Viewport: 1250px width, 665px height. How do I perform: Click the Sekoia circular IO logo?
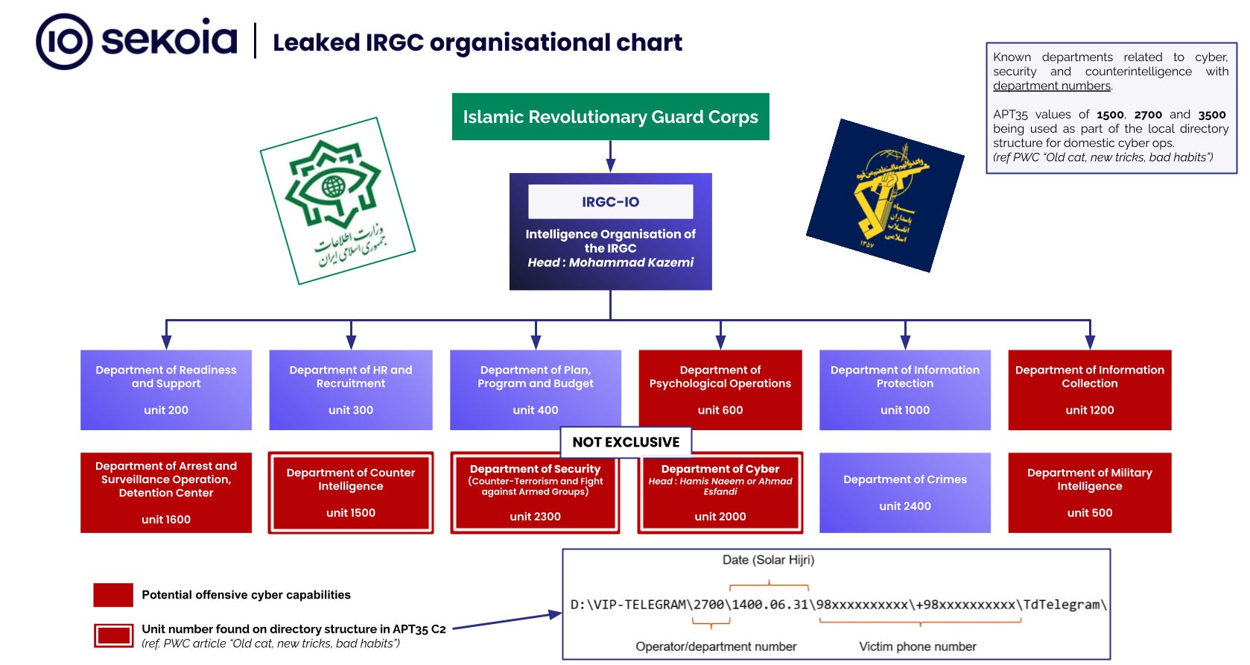point(64,42)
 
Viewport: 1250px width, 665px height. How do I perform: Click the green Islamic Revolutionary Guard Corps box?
point(611,117)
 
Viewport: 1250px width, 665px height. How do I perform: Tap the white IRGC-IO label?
point(611,201)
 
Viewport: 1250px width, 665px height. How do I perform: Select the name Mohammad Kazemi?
point(630,262)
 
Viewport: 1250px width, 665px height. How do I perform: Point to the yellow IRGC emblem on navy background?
point(885,195)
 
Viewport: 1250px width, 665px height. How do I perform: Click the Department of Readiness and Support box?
point(165,390)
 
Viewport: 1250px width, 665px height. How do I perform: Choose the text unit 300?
point(350,410)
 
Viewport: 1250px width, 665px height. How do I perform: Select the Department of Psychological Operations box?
point(720,390)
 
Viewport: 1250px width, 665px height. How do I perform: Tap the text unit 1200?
point(1089,410)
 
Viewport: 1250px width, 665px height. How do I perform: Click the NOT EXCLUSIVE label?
point(626,442)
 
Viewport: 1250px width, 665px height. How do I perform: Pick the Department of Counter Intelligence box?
point(350,493)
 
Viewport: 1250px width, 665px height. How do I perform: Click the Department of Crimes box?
point(904,493)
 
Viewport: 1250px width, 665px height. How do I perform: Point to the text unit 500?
point(1089,513)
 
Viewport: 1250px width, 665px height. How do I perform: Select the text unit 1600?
point(165,520)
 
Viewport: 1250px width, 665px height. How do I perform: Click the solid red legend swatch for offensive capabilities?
point(113,595)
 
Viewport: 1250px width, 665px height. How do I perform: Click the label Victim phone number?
point(918,646)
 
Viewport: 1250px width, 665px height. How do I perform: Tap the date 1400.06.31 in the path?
point(770,605)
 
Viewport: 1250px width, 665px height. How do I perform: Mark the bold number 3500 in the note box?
point(1212,115)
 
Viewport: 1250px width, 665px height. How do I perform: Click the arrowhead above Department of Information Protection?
point(905,341)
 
